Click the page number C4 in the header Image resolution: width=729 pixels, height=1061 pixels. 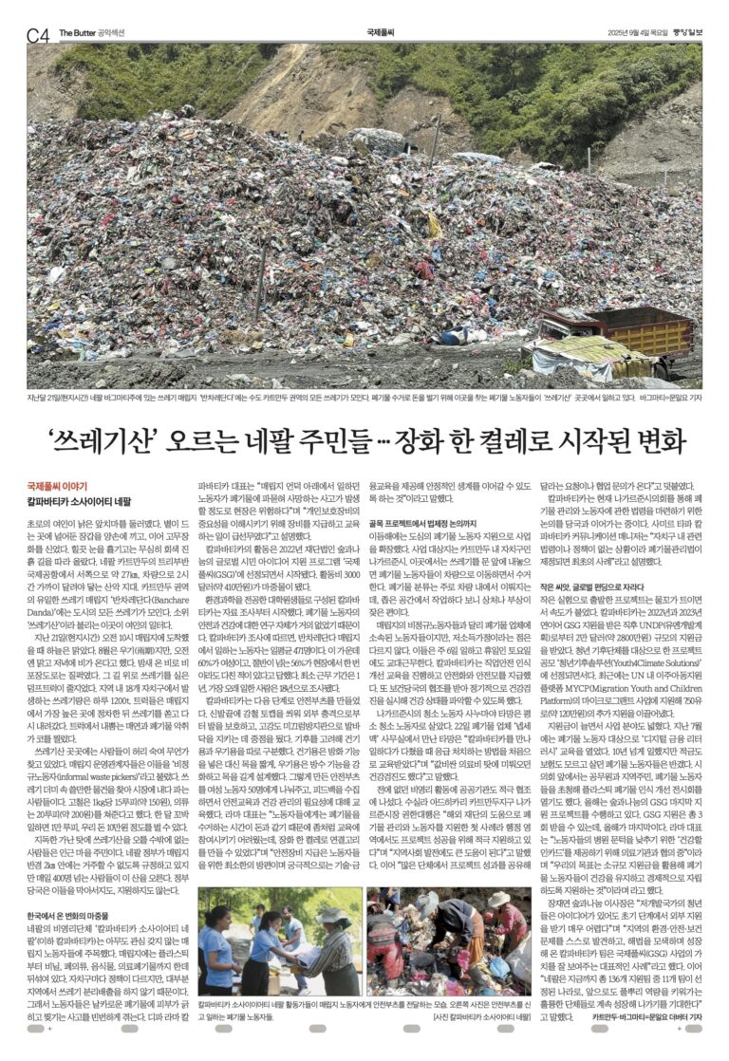pyautogui.click(x=38, y=34)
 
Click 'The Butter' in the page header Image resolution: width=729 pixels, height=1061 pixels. pyautogui.click(x=75, y=32)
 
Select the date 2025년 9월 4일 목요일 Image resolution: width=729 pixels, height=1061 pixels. pyautogui.click(x=629, y=33)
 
